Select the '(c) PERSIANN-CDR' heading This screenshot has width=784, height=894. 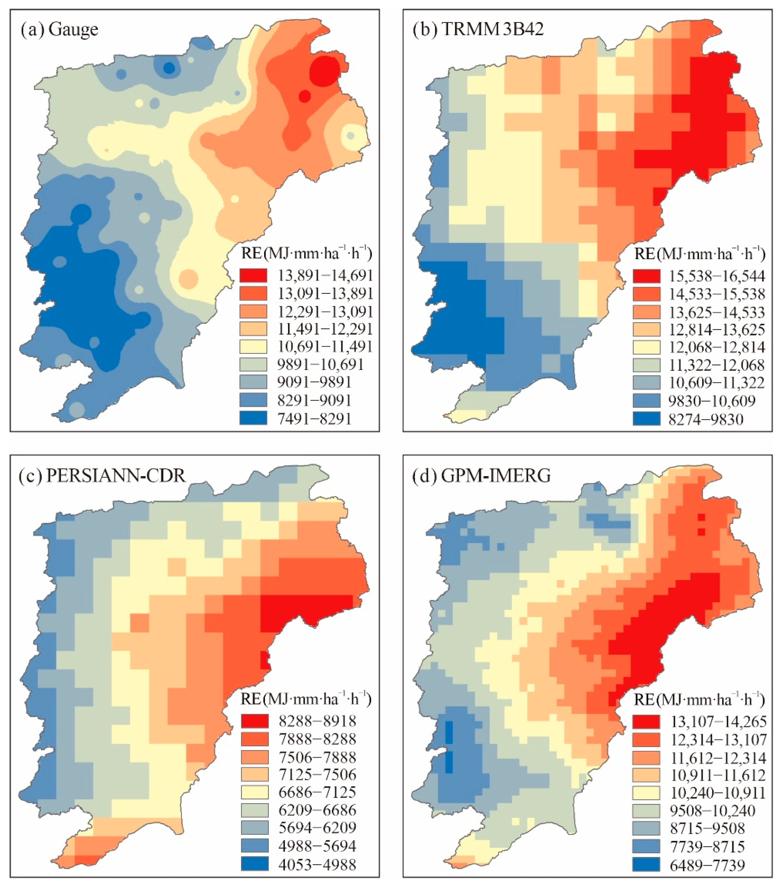(102, 476)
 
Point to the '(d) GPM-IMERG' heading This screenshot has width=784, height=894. (481, 476)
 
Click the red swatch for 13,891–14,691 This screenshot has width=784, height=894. (253, 275)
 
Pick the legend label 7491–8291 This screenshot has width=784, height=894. (314, 418)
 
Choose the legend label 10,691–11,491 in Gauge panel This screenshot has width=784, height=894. (325, 347)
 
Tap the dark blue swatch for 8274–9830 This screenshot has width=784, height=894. (646, 419)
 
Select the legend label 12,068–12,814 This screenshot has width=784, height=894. (717, 347)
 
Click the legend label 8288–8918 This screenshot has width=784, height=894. (317, 720)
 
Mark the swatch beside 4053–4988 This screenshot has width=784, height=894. (254, 864)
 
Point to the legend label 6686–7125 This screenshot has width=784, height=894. (317, 792)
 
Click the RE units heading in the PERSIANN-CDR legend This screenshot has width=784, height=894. (305, 699)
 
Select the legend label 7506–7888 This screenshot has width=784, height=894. (317, 757)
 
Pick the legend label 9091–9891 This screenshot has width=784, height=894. (314, 382)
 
